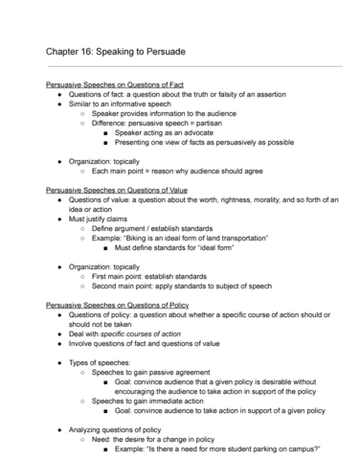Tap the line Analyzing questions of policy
pyautogui.click(x=123, y=431)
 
